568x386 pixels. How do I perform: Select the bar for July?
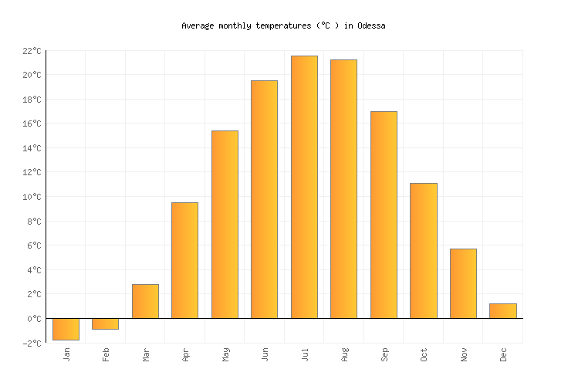click(304, 187)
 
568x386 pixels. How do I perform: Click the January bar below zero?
click(66, 329)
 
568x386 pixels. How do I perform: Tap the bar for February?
click(105, 323)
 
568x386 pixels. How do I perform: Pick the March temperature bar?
click(145, 301)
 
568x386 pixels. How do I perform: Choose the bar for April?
click(184, 260)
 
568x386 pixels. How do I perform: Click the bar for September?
click(384, 215)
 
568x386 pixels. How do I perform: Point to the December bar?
click(502, 310)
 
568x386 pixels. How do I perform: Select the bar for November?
click(463, 283)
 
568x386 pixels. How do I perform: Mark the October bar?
click(423, 250)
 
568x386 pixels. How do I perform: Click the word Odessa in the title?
click(371, 25)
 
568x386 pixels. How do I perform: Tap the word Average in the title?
click(198, 25)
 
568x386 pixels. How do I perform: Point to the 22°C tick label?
click(31, 51)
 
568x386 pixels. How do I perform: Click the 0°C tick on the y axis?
click(34, 319)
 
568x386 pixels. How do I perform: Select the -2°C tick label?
click(31, 343)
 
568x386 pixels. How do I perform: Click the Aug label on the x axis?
click(345, 354)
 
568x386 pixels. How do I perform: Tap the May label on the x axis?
click(225, 354)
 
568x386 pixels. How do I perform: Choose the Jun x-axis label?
click(265, 354)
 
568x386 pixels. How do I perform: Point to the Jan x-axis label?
click(66, 354)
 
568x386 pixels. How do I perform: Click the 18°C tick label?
click(31, 100)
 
